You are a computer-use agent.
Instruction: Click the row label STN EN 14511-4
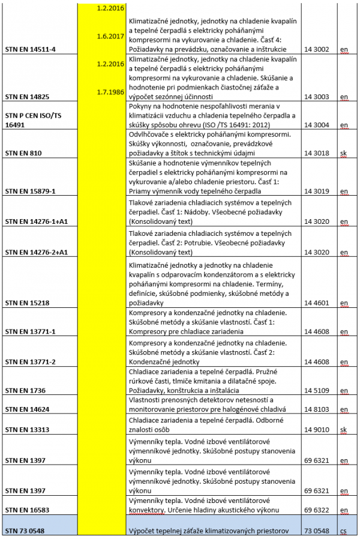(30, 49)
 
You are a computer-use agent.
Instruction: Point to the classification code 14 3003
(317, 96)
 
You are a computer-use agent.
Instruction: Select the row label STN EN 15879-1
(30, 191)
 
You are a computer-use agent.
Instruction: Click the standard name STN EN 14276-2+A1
(35, 253)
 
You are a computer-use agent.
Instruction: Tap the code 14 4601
(317, 303)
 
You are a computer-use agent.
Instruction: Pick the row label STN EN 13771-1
(30, 331)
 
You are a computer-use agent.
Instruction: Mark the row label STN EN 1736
(25, 390)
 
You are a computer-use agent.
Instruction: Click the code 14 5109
(317, 390)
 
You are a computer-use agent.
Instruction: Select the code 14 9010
(317, 430)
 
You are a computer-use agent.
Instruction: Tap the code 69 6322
(317, 510)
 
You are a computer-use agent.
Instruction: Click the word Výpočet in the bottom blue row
(142, 531)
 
